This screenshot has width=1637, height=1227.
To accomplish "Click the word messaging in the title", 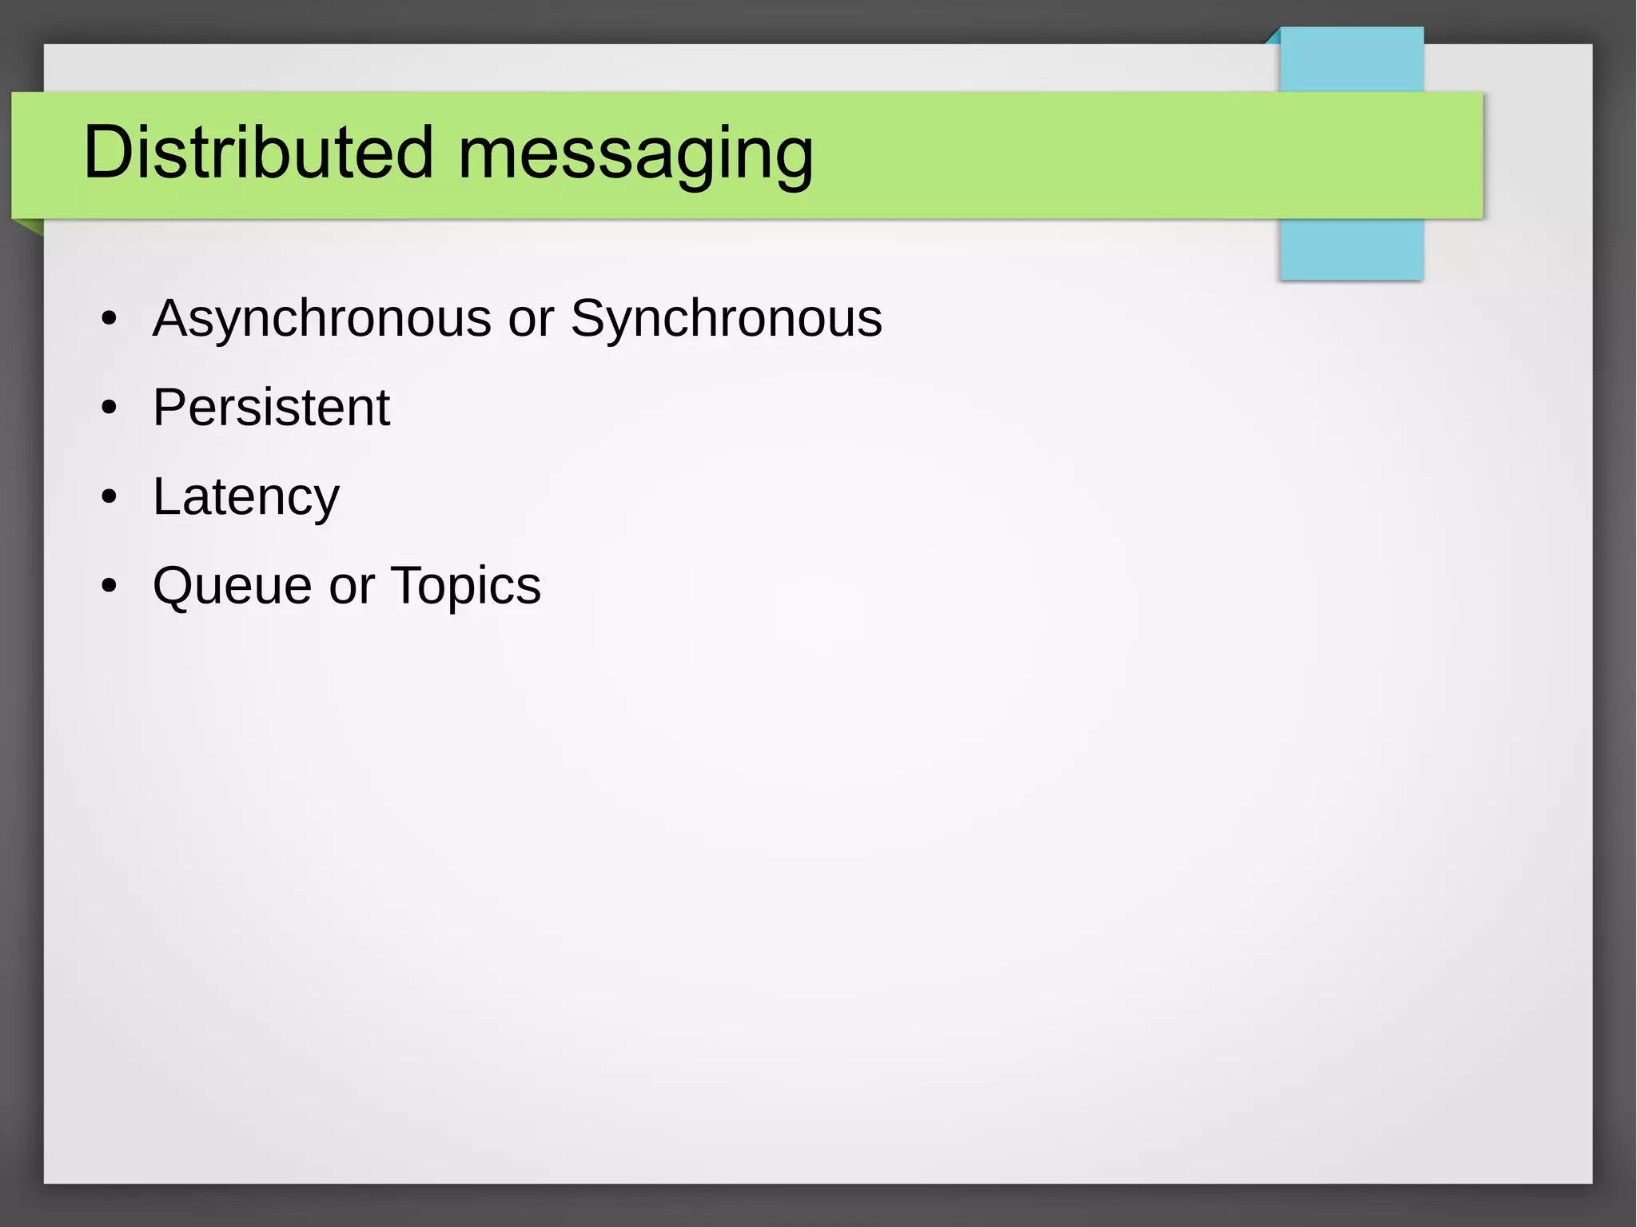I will [x=635, y=156].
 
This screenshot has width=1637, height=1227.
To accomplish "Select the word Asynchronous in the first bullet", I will [x=321, y=320].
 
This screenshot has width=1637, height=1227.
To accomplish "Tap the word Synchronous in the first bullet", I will [x=726, y=320].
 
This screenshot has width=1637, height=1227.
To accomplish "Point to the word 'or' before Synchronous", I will [x=531, y=320].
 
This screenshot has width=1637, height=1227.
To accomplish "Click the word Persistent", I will [x=271, y=408].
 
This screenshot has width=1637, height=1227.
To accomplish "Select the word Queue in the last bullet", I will [x=232, y=586].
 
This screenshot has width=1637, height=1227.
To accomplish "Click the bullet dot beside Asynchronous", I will [x=110, y=320].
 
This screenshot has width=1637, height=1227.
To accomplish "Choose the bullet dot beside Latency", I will [x=110, y=498].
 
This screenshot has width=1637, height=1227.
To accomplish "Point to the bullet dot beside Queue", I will [x=110, y=587].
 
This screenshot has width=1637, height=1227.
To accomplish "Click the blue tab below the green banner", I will [x=1351, y=249].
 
